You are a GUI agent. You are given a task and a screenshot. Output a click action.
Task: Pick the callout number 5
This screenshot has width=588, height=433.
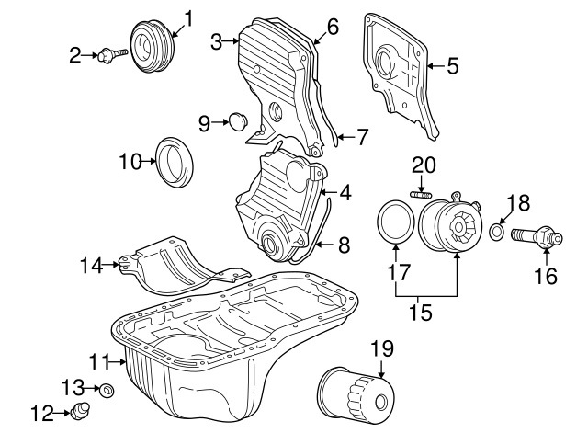(x=451, y=65)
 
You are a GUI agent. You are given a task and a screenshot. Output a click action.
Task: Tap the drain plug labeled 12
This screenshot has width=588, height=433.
(x=82, y=410)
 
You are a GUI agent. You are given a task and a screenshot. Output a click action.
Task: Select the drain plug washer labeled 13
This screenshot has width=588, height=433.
(x=107, y=390)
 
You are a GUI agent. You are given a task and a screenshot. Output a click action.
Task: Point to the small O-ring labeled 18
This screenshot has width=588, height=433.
(x=496, y=230)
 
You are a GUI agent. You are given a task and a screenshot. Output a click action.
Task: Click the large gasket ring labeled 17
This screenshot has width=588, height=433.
(x=396, y=224)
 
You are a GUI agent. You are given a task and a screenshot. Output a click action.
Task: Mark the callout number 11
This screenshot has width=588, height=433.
(x=99, y=359)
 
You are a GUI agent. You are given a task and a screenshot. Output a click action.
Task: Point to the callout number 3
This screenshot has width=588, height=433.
(x=216, y=40)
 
